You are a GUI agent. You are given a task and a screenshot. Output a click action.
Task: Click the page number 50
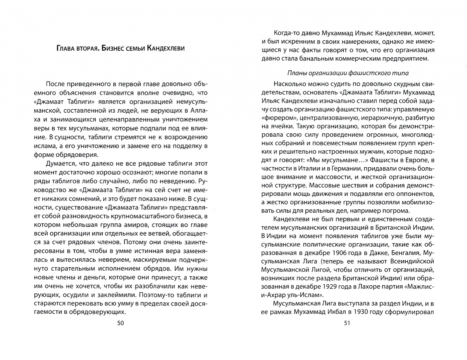pyautogui.click(x=120, y=323)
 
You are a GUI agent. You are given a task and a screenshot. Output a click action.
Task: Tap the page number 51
pyautogui.click(x=347, y=323)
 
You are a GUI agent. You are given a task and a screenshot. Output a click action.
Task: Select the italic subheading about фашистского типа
pyautogui.click(x=348, y=73)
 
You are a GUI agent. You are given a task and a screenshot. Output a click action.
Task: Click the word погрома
pyautogui.click(x=395, y=211)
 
